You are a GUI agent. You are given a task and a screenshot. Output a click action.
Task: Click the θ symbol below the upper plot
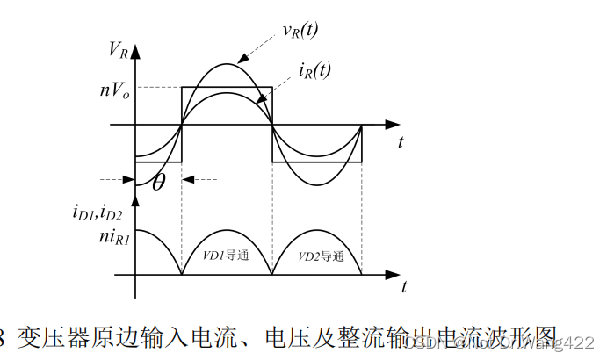(158, 183)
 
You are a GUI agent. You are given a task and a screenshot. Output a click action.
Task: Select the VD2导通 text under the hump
(318, 257)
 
